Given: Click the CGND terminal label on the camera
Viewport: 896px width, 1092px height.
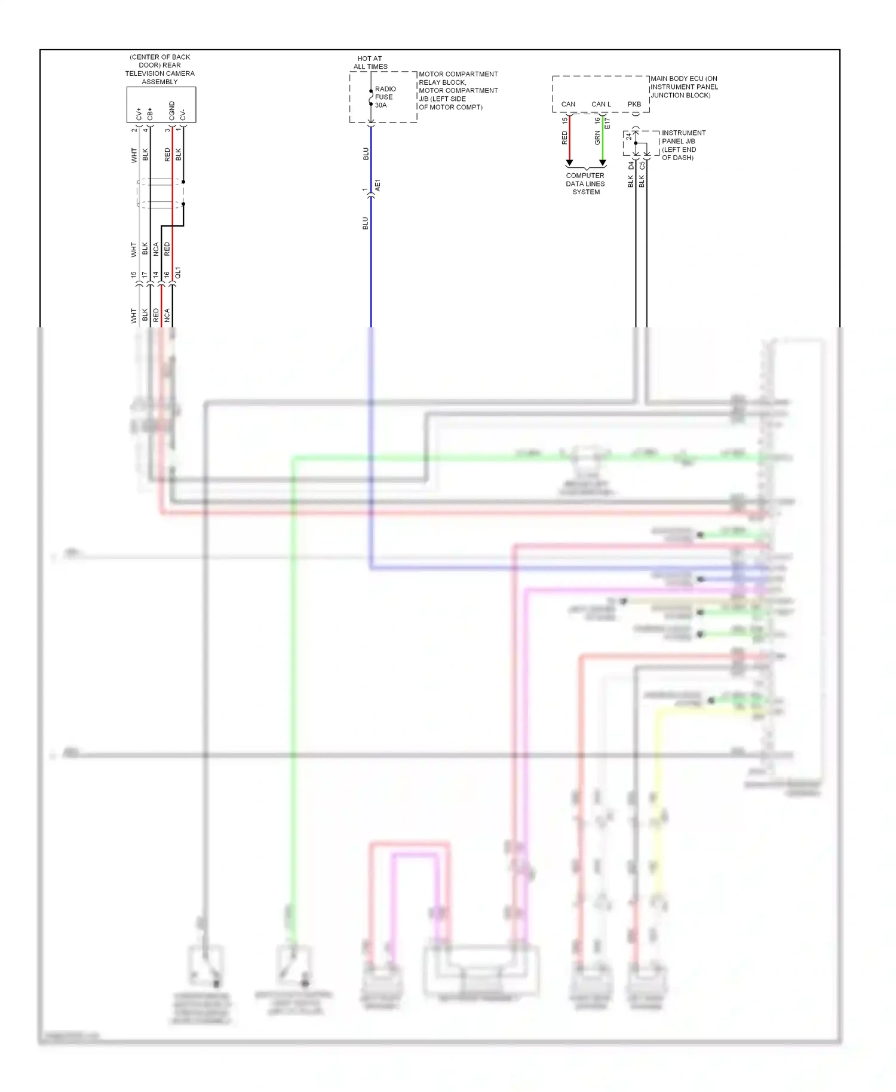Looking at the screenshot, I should click(x=172, y=111).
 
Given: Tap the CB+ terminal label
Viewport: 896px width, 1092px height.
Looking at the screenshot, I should click(x=150, y=114).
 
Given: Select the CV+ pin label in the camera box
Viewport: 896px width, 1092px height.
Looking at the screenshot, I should click(x=139, y=114).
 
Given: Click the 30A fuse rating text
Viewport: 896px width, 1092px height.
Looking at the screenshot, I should click(x=381, y=105).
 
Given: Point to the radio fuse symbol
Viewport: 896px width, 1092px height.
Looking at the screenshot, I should click(x=371, y=97).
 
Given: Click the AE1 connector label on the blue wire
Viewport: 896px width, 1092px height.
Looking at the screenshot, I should click(x=378, y=185).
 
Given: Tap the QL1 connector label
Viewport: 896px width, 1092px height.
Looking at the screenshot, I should click(x=178, y=273).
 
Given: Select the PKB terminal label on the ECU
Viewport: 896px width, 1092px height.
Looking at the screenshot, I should click(x=634, y=104).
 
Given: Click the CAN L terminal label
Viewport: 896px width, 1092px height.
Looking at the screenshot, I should click(x=601, y=104).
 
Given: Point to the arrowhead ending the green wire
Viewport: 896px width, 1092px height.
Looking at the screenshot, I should click(x=603, y=162).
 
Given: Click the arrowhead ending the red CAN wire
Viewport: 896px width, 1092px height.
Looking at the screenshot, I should click(x=569, y=162).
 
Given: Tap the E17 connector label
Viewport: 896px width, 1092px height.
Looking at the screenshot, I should click(x=607, y=123).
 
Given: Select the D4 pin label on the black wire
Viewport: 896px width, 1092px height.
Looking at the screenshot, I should click(x=631, y=165).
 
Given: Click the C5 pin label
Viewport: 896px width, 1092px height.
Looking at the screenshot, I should click(x=642, y=165).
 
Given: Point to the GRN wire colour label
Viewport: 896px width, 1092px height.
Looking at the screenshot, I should click(x=597, y=139).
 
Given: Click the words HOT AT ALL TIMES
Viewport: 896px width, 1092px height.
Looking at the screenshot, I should click(x=370, y=63).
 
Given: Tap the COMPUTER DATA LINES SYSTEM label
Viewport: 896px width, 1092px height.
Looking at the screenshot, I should click(x=585, y=184).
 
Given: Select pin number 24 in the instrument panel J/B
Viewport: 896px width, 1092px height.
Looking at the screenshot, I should click(x=628, y=136).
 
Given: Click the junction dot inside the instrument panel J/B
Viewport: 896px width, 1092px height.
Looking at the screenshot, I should click(x=636, y=143).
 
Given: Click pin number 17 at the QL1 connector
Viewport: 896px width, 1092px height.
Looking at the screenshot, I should click(x=145, y=275).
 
